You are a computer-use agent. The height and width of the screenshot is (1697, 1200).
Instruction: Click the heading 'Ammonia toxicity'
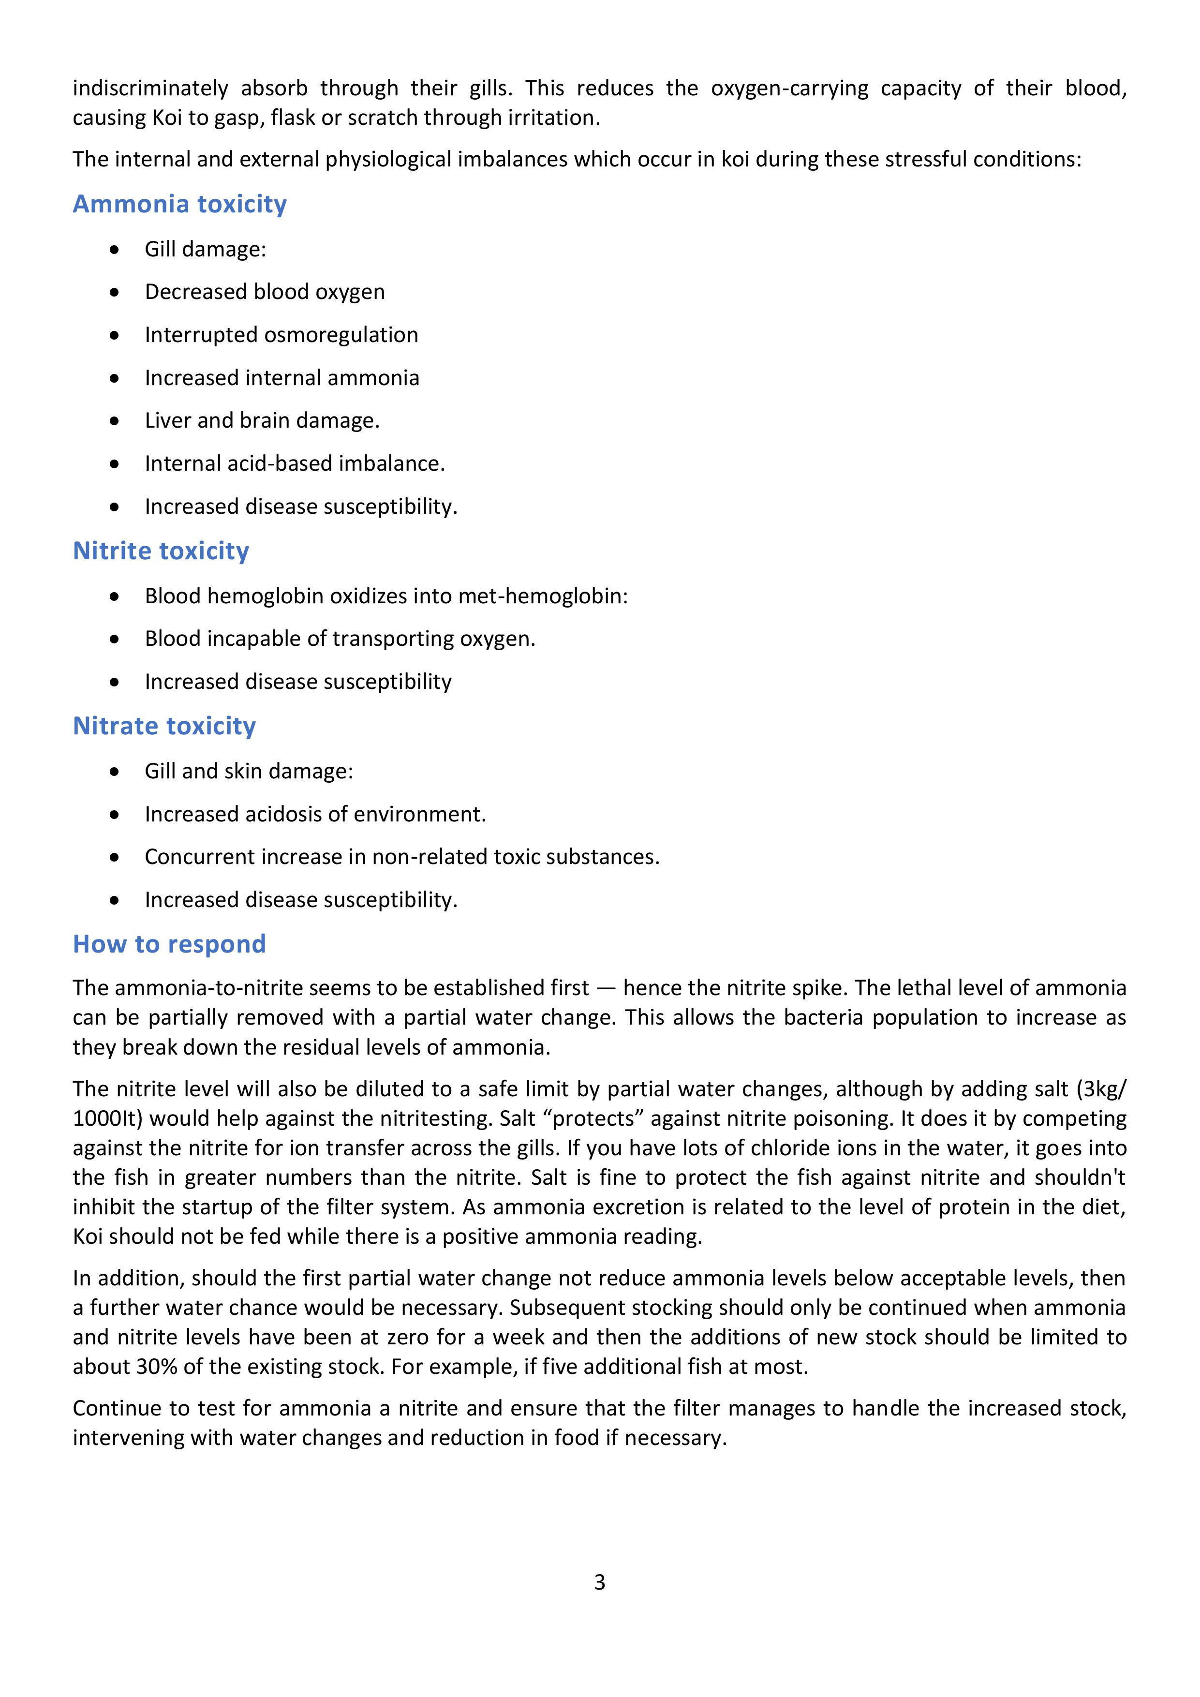tap(179, 204)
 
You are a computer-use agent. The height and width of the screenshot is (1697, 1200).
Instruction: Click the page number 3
tap(599, 1582)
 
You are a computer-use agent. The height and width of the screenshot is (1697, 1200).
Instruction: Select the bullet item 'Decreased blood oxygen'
tap(265, 292)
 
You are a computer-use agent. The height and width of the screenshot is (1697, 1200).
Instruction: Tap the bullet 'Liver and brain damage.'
tap(262, 420)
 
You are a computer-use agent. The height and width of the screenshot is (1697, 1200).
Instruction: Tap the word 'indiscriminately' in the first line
tap(151, 89)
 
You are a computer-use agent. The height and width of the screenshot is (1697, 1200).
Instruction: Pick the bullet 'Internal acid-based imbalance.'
tap(294, 463)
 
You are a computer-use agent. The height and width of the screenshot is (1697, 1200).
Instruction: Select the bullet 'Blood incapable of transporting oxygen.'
tap(340, 639)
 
